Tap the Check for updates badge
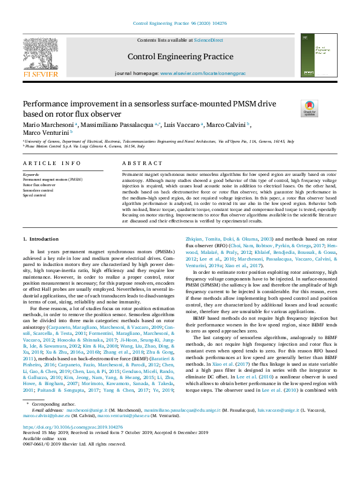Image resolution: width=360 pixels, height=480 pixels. [x=309, y=109]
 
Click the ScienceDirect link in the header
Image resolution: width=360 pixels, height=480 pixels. [x=208, y=40]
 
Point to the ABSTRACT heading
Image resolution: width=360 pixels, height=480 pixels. [x=129, y=163]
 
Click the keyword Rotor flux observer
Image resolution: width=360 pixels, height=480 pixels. [x=39, y=184]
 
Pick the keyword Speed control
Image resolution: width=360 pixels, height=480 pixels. [x=34, y=195]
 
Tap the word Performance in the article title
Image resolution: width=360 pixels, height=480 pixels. [x=47, y=103]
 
